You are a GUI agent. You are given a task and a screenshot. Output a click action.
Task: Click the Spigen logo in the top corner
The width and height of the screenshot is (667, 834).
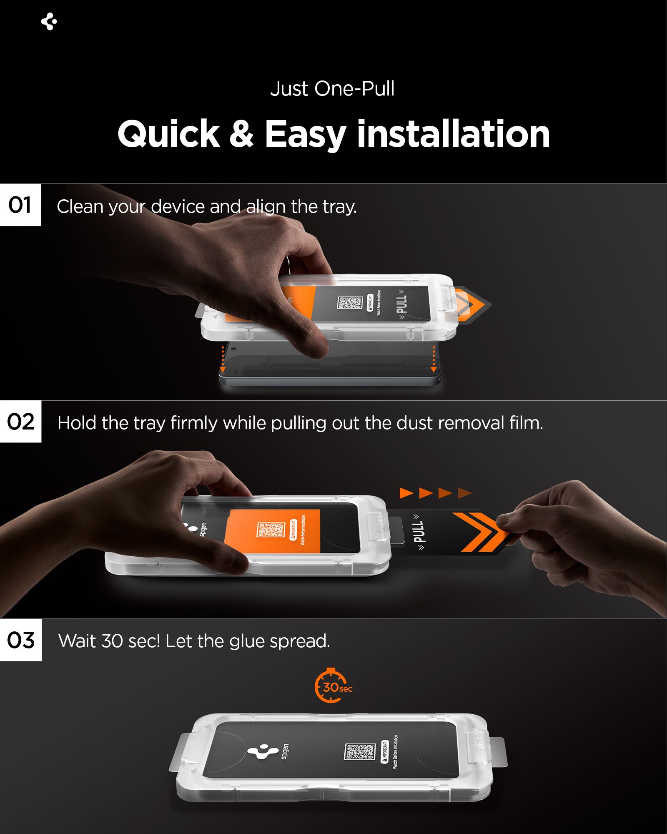[x=49, y=22]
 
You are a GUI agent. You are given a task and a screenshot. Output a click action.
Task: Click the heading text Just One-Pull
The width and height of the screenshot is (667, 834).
[x=332, y=89]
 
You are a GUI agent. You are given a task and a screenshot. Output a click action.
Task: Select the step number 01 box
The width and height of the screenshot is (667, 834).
[x=20, y=205]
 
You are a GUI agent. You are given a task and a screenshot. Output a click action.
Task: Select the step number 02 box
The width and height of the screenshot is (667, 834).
[x=20, y=422]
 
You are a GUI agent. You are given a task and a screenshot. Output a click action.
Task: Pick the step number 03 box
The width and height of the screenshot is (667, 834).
[x=20, y=640]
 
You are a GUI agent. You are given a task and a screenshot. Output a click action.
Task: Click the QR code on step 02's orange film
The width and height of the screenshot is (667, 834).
[x=270, y=530]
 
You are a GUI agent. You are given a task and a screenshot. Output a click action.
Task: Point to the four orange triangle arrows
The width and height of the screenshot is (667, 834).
[x=435, y=493]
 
